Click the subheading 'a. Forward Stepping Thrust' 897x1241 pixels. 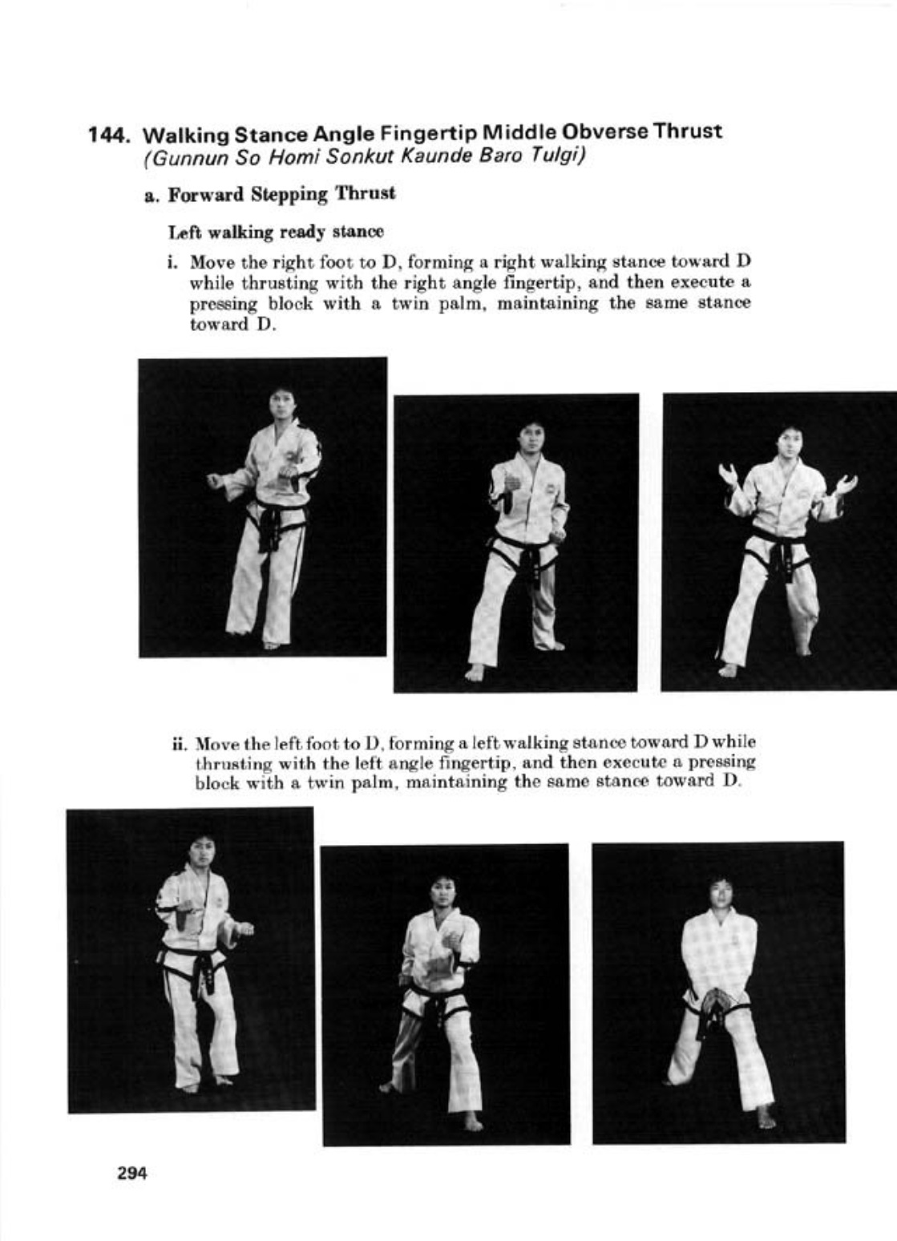(x=269, y=195)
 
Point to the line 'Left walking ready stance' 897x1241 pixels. (x=276, y=232)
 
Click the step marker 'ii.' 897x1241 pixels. (x=179, y=742)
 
